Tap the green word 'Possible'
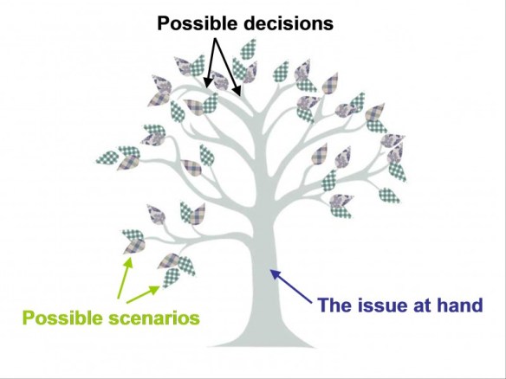pyautogui.click(x=58, y=318)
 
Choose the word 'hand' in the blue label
pyautogui.click(x=459, y=305)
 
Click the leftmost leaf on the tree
pyautogui.click(x=107, y=158)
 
